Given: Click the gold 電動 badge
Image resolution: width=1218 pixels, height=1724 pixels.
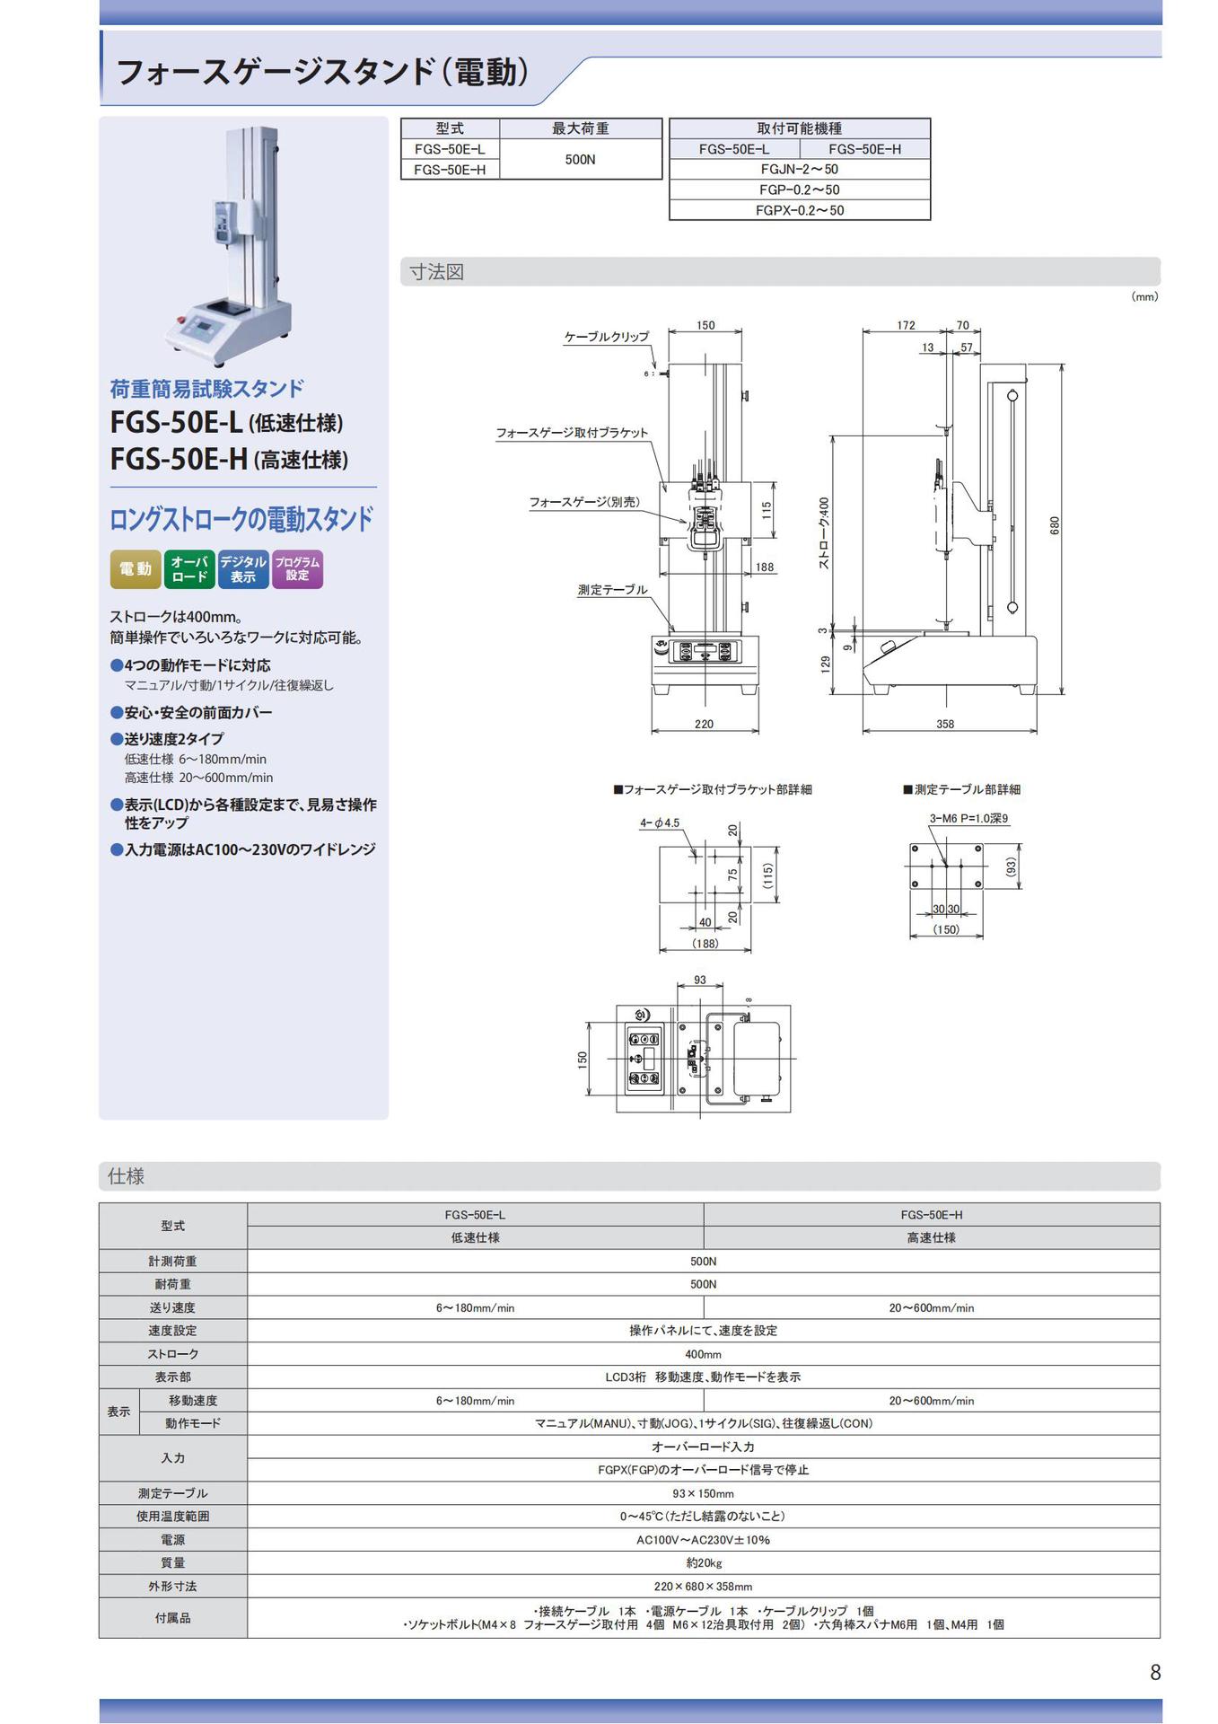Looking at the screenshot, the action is [x=136, y=569].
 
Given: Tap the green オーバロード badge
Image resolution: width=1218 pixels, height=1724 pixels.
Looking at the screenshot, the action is [x=189, y=569].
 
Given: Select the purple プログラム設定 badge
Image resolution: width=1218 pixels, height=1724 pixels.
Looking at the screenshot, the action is [x=297, y=569].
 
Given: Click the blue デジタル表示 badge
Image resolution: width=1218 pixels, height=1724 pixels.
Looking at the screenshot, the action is [x=243, y=569].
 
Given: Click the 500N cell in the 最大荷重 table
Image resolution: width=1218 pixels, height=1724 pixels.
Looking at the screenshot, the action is [x=580, y=159].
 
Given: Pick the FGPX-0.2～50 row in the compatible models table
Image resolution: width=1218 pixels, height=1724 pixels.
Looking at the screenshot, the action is [x=800, y=210].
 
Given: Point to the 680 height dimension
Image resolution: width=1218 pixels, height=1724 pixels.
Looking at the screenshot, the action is [x=1056, y=525].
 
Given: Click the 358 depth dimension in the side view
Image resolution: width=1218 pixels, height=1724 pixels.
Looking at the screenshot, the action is [x=945, y=724].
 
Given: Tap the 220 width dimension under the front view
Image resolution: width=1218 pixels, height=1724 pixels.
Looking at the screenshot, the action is [x=704, y=724].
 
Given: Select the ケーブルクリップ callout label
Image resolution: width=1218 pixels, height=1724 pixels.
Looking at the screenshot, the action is [x=606, y=337].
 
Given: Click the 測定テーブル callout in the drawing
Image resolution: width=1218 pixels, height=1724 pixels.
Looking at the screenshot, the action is [x=613, y=590].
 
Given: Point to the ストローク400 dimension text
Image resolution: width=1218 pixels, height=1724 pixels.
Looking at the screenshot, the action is [x=824, y=532].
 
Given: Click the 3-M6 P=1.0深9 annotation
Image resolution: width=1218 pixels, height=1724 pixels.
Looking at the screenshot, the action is [x=968, y=818].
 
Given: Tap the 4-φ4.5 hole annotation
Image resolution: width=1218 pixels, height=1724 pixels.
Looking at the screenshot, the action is [x=660, y=822].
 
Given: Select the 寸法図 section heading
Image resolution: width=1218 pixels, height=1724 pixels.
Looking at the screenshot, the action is [x=436, y=272].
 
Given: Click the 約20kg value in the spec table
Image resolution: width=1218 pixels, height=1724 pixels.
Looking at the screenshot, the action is [x=704, y=1563].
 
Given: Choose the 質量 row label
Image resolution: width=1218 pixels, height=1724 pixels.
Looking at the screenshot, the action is [x=173, y=1563].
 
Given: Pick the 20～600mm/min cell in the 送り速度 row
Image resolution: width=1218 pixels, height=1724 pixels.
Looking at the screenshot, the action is [x=932, y=1308].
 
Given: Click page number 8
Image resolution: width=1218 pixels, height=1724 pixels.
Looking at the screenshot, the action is [x=1155, y=1672].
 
